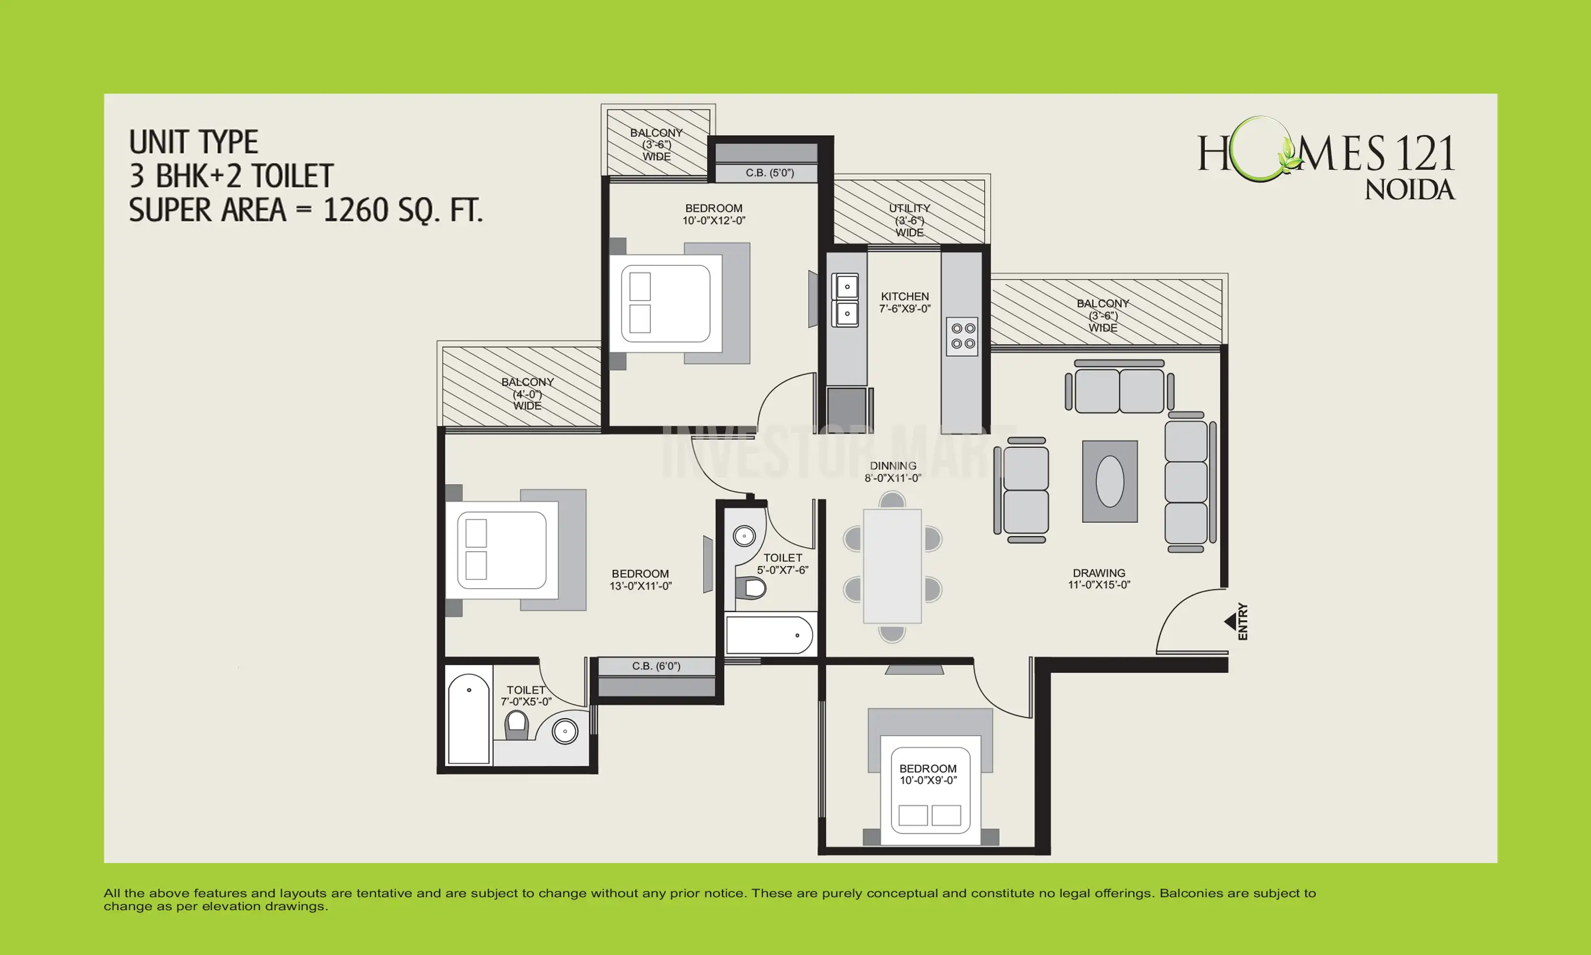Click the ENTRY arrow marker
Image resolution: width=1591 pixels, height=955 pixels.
pos(1230,622)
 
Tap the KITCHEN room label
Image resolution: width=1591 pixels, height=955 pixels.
pos(904,297)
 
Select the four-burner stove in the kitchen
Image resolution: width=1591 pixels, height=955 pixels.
pos(963,336)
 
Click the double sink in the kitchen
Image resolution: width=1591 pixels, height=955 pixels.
pos(846,300)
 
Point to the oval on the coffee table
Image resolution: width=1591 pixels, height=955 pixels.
pos(1110,482)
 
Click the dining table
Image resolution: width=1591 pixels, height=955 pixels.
pos(892,567)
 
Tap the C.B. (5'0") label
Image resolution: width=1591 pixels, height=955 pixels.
pos(769,173)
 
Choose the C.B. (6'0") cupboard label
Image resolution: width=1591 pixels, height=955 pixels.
pos(655,666)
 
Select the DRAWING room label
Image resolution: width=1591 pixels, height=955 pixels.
pos(1098,573)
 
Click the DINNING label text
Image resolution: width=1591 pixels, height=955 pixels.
pos(893,466)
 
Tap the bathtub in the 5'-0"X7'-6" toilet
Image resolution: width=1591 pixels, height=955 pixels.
pos(769,635)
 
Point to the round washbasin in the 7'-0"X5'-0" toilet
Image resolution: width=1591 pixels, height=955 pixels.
pos(565,732)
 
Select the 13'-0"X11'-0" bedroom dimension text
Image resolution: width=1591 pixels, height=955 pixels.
pos(641,586)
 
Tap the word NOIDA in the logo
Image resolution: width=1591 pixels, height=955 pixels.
pos(1410,190)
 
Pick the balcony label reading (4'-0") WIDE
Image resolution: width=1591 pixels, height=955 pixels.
pos(527,394)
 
